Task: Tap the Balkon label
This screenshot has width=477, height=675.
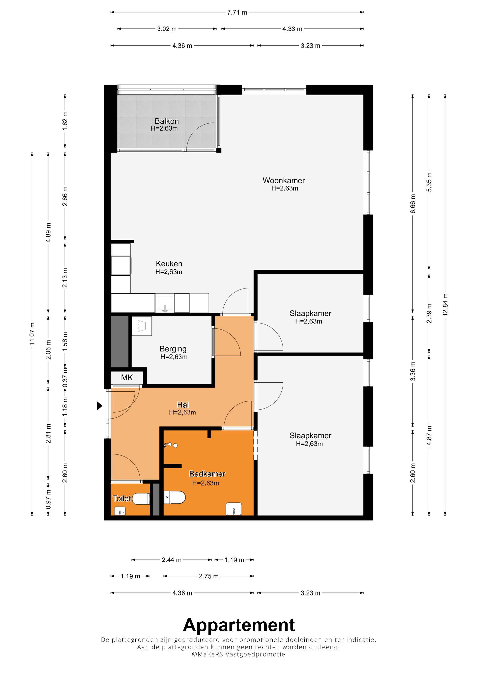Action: coord(167,121)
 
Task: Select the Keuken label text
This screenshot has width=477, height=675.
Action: coord(169,264)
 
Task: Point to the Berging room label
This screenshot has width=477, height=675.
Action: coord(173,349)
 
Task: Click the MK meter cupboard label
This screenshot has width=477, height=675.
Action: coord(127,377)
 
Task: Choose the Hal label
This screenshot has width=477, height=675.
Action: coord(183,405)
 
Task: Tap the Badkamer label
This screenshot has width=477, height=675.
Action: coord(207,474)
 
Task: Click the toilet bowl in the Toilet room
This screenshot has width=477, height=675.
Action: coord(141,499)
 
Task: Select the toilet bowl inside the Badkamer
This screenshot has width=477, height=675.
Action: coord(174,497)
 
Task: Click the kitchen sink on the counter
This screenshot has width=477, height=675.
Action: coord(165,303)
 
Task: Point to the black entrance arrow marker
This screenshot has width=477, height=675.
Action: coord(100,406)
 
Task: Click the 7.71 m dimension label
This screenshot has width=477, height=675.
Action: coord(237,12)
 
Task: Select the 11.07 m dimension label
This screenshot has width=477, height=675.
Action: coord(32,334)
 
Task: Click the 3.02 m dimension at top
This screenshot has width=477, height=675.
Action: coord(167,29)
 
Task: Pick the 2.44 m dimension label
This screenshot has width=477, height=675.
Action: coord(172,560)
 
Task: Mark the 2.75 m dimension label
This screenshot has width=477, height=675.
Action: coord(209,576)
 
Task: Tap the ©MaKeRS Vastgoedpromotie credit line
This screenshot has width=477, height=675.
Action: coord(238,654)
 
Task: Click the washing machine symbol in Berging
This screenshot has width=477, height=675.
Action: coord(142,326)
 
